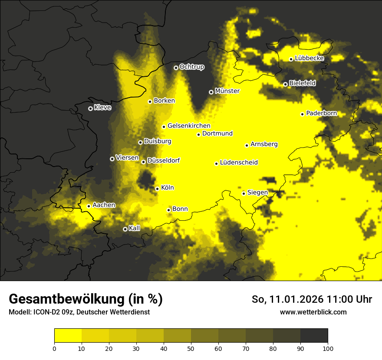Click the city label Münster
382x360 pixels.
pos(227,91)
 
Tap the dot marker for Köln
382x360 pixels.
pos(157,189)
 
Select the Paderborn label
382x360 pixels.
pos(321,113)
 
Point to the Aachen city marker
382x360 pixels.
pos(89,206)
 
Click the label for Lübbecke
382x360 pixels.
pos(309,58)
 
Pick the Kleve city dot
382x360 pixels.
pos(90,108)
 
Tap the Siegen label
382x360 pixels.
pos(257,193)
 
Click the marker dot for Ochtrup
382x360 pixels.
pos(176,68)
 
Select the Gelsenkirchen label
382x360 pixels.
pos(189,126)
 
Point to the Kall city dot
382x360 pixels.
pos(125,229)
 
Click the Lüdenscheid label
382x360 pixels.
pos(239,163)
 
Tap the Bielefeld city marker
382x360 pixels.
pos(285,84)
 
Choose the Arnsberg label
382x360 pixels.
pos(264,144)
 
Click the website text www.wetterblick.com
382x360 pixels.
pos(313,312)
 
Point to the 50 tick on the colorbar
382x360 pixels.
pos(191,348)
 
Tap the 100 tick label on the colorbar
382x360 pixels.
pos(328,348)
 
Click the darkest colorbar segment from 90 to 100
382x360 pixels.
pos(314,336)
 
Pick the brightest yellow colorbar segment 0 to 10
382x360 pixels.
pos(68,336)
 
